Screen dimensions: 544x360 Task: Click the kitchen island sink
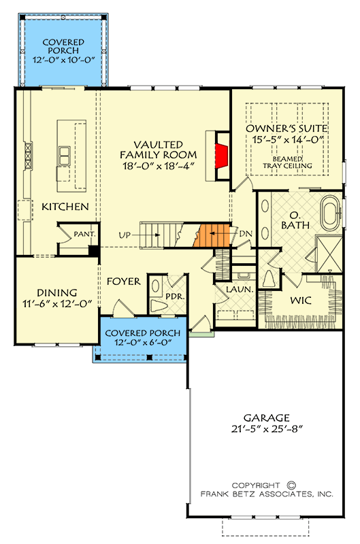(65, 156)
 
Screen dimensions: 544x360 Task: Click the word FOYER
(124, 281)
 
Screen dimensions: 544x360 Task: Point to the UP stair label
(125, 235)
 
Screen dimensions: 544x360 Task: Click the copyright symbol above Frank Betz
(291, 486)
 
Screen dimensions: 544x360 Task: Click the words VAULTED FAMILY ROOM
(157, 156)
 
